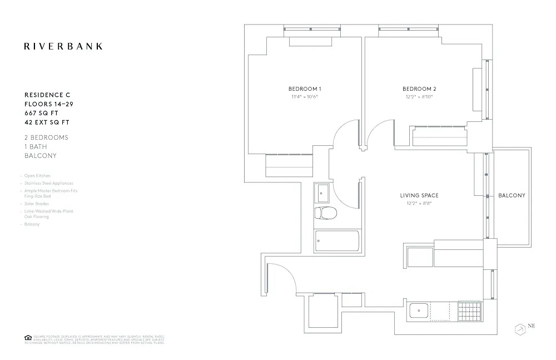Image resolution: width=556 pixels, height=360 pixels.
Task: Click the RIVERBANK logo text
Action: point(63,46)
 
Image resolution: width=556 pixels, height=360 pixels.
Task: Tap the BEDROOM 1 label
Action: point(304,89)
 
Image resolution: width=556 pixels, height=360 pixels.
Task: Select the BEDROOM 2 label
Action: point(419,89)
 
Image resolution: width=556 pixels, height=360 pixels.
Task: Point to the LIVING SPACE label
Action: point(419,195)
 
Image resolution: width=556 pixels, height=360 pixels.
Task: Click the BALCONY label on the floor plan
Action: point(512,195)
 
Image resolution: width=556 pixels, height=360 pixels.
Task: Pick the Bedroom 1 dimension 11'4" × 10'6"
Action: point(304,97)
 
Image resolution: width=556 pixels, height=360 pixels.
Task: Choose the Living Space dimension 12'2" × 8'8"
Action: point(419,203)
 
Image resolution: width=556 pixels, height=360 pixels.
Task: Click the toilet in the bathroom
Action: point(325,213)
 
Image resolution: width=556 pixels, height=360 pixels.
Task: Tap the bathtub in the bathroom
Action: point(337,241)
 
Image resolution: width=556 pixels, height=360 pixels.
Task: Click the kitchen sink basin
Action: point(418,310)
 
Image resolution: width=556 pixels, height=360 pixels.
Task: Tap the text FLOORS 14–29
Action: point(49,104)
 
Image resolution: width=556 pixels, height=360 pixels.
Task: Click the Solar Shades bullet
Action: point(36,204)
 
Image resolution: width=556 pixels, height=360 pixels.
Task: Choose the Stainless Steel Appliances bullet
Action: point(48,183)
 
